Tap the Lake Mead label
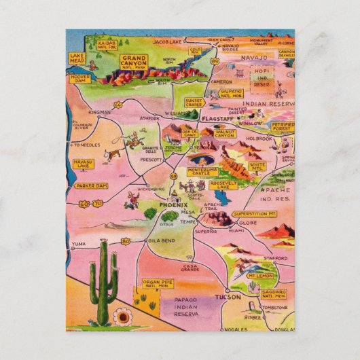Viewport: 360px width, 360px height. [76, 58]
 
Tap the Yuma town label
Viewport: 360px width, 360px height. [79, 243]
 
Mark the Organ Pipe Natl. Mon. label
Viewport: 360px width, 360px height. [157, 285]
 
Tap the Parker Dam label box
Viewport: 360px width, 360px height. [92, 185]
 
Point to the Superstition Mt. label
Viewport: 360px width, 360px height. [253, 214]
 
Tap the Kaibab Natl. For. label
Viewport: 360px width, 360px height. [107, 45]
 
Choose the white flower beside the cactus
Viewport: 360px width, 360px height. [123, 317]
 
